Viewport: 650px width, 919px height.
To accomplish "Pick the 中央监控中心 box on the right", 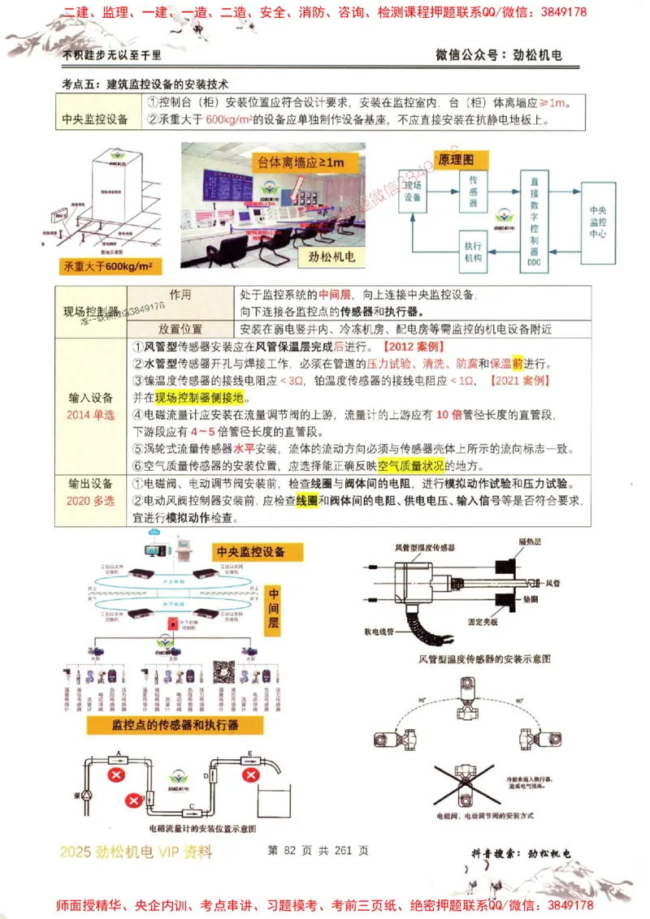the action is click(597, 221).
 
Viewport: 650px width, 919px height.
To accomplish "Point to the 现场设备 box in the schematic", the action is click(412, 192).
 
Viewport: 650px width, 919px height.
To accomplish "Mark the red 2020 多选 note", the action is click(90, 501).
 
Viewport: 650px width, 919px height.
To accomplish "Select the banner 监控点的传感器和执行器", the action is click(175, 725).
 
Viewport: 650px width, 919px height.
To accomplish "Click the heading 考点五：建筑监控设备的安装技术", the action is click(146, 84).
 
